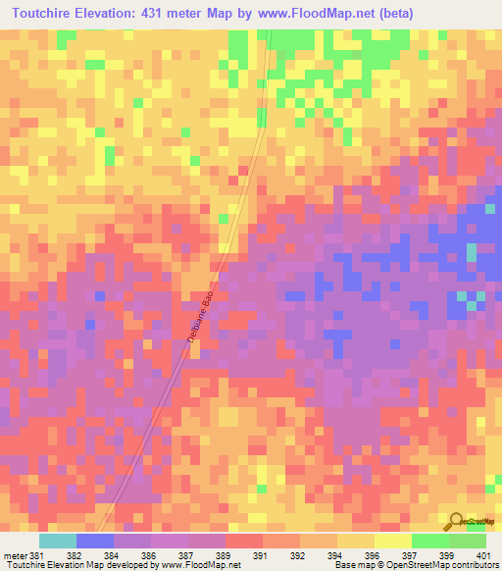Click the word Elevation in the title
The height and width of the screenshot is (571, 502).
[x=119, y=14]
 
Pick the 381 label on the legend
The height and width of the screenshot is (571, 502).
[x=35, y=554]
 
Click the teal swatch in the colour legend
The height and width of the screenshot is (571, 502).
[x=58, y=541]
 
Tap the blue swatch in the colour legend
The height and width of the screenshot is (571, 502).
[x=95, y=541]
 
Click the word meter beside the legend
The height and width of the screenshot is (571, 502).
[x=13, y=554]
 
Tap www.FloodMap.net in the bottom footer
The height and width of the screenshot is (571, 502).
[x=200, y=565]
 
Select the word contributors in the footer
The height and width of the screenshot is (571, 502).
[x=475, y=565]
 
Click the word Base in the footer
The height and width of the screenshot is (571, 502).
[x=344, y=565]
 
